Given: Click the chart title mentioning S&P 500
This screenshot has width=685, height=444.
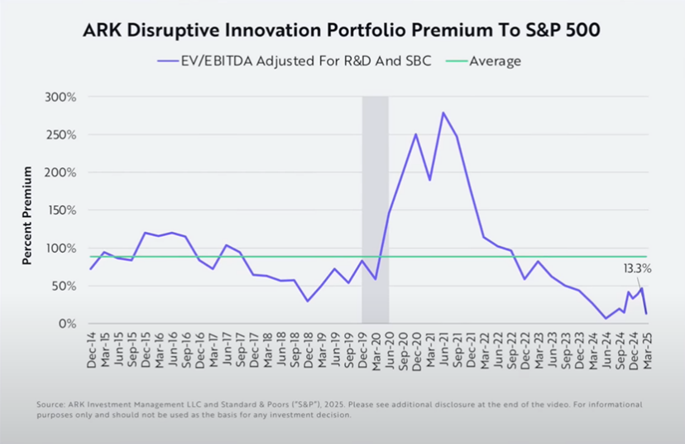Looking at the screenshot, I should pos(342,31).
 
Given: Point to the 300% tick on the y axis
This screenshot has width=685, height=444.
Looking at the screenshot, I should pos(61,97).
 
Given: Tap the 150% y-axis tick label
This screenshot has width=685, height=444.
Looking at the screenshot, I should pos(61,210).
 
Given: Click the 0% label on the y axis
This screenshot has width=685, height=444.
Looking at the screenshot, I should pos(65,324).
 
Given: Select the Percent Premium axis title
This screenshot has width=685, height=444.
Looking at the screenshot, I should pos(27,215).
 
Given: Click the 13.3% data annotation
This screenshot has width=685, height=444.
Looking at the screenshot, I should pos(638,268).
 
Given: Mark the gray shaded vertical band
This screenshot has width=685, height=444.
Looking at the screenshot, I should pos(375,207).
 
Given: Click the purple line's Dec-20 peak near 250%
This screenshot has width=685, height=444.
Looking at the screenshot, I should pos(415,134).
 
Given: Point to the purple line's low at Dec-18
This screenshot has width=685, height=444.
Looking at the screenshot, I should pos(308,301).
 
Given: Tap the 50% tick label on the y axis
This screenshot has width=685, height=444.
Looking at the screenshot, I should pos(64,286).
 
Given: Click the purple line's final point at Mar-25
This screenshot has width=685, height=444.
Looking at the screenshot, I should pos(646,313).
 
